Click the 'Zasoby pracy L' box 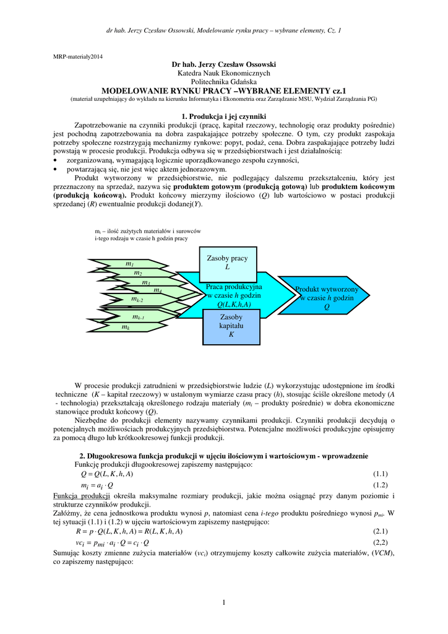(x=226, y=263)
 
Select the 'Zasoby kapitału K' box (x=231, y=326)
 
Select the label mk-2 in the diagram (x=137, y=300)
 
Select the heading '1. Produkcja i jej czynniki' (x=223, y=116)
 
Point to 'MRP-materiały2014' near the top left (x=79, y=56)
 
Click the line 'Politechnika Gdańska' (x=223, y=82)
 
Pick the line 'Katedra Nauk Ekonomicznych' (x=223, y=73)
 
